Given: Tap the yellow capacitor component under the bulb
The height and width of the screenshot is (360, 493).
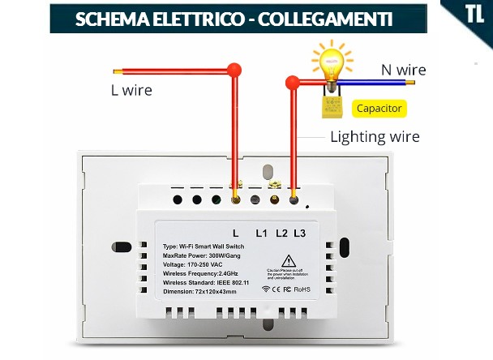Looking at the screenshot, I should pos(331,105).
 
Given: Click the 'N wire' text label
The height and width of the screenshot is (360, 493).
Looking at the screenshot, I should pos(401,69).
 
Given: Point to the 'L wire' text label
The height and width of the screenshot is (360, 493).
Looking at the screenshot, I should pos(131,90).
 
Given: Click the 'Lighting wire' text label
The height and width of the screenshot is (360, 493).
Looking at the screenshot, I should pos(375,136).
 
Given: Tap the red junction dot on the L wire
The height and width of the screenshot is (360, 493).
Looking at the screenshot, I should pos(235,70).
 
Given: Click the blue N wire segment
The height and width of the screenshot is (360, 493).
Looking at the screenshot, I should pos(381,82).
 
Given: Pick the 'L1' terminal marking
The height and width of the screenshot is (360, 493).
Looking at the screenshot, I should pos(261,234).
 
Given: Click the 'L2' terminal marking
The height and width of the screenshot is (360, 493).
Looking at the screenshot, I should pos(281,234).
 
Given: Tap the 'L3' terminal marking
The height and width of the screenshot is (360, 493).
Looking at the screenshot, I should pos(301,234).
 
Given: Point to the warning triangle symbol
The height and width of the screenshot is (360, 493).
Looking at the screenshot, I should pos(287,260).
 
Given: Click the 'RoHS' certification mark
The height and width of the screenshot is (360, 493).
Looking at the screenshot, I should pos(302,288).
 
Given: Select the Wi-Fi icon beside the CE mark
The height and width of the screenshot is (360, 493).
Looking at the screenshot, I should pos(266,288).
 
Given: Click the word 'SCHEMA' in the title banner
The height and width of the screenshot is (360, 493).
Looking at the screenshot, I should pos(109,19).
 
